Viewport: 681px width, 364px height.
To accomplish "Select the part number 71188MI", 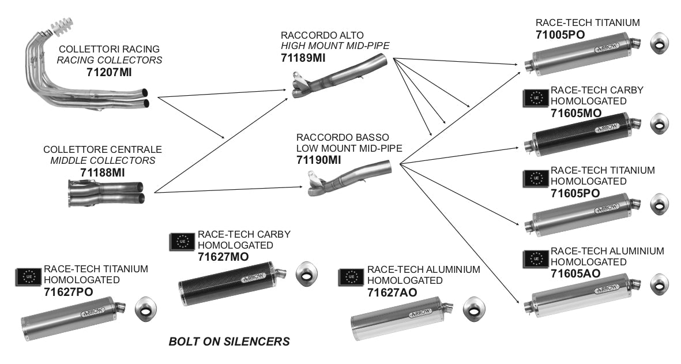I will pos(103,172).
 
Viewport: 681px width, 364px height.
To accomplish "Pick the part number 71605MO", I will pos(576,112).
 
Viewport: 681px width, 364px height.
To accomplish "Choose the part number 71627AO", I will pos(392,292).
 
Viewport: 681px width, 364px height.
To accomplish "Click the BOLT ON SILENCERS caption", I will pos(229,342).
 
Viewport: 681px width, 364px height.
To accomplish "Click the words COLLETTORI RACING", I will pos(109,50).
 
